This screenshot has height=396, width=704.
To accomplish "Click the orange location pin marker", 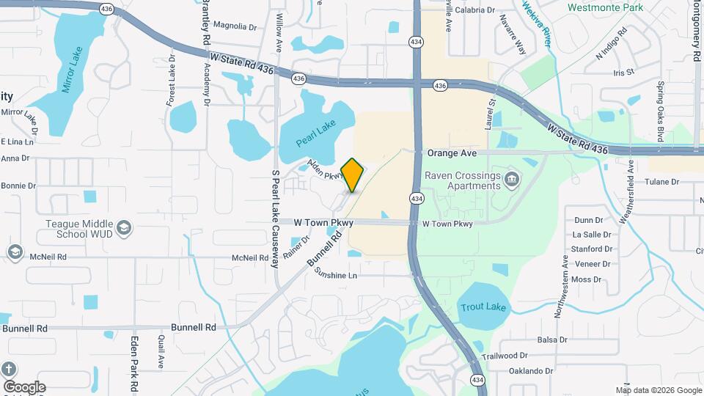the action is (x=353, y=175).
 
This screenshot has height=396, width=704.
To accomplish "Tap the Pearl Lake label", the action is (x=315, y=131).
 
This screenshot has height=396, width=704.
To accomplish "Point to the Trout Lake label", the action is (x=483, y=307).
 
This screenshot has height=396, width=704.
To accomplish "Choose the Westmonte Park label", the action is (x=605, y=7).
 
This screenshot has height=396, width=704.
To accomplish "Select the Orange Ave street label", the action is (x=452, y=153).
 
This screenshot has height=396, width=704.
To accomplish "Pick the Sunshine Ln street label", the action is (x=335, y=275).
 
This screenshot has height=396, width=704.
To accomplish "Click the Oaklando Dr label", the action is (x=532, y=372).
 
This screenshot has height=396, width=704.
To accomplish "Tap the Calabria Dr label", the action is (x=475, y=10).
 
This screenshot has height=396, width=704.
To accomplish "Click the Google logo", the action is (x=24, y=387).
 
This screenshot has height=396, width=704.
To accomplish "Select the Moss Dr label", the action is (x=586, y=279).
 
